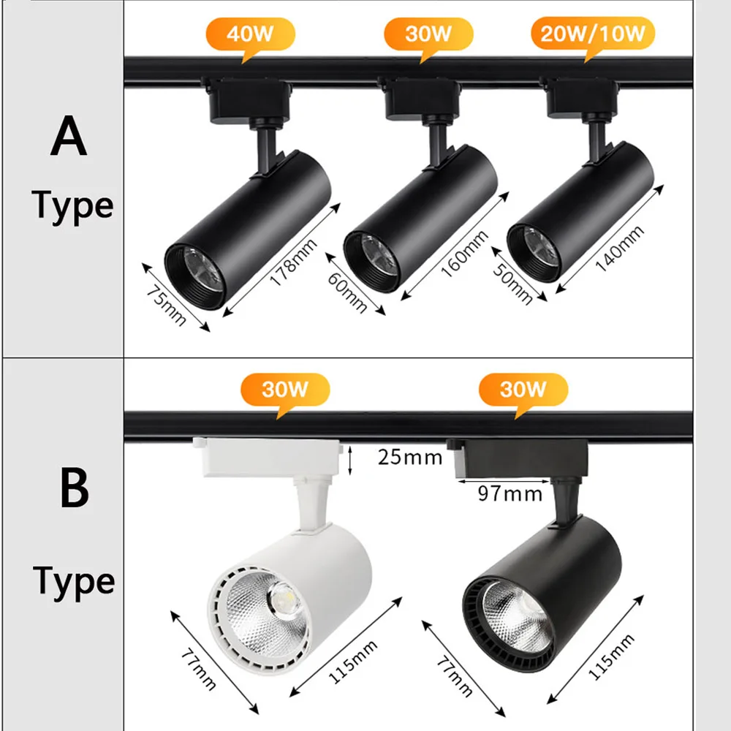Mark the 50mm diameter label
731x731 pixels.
[x=523, y=280]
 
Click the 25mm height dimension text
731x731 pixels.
[x=410, y=458]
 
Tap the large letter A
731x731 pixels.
[x=69, y=138]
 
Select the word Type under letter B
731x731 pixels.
[x=73, y=581]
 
